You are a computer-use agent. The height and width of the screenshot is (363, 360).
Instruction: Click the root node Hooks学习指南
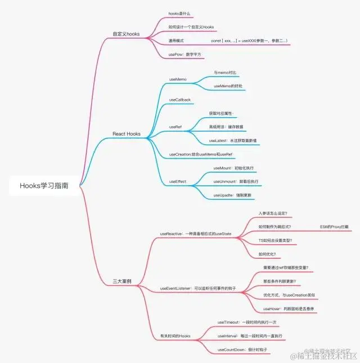click(44, 185)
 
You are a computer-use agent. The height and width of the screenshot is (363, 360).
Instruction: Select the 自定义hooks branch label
click(126, 34)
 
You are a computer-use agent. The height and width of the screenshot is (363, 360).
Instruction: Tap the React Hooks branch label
click(127, 134)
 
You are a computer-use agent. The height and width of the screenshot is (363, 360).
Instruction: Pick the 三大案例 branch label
click(121, 280)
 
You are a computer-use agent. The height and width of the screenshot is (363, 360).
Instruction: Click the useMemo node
click(178, 79)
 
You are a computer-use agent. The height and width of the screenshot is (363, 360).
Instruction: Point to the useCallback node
click(180, 100)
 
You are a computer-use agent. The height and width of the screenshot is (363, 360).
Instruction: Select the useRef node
click(175, 127)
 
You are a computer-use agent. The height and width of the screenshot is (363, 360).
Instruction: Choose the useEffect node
click(178, 182)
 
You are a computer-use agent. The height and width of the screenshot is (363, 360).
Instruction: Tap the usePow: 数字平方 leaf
click(185, 54)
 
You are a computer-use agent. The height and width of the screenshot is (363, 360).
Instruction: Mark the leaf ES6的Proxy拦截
click(334, 226)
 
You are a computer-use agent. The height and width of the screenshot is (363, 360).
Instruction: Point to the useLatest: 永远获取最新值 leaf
click(232, 140)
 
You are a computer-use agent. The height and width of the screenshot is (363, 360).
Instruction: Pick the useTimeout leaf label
click(229, 322)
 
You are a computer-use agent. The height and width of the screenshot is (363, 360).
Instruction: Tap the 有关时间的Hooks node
click(175, 336)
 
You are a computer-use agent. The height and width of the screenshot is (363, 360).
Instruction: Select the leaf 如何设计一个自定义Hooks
click(191, 27)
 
